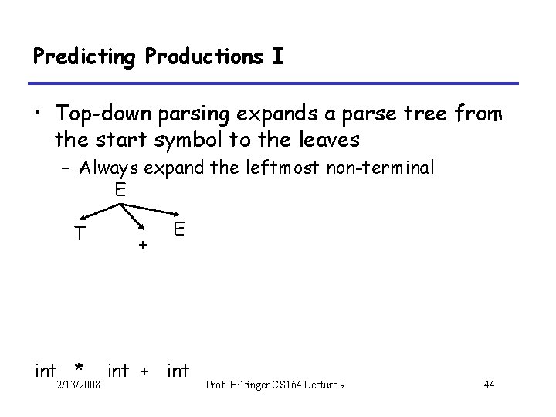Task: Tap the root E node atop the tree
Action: tap(119, 189)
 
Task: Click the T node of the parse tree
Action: tap(80, 232)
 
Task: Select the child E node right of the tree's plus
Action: tap(178, 229)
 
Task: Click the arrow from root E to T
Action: tap(98, 210)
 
